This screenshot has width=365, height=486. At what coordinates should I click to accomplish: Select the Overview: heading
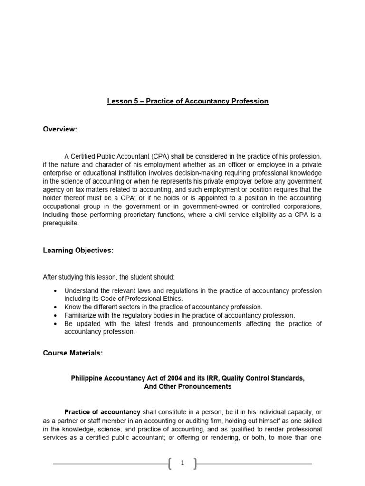pos(60,129)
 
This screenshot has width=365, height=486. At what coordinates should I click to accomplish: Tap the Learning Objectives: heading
pos(78,251)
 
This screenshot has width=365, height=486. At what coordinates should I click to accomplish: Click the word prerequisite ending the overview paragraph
pos(61,224)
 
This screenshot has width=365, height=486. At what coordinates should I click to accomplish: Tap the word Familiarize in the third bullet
pos(81,315)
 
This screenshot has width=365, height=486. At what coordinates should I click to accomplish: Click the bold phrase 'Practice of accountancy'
pos(102,412)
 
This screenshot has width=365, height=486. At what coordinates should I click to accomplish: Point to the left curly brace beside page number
pos(170,464)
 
